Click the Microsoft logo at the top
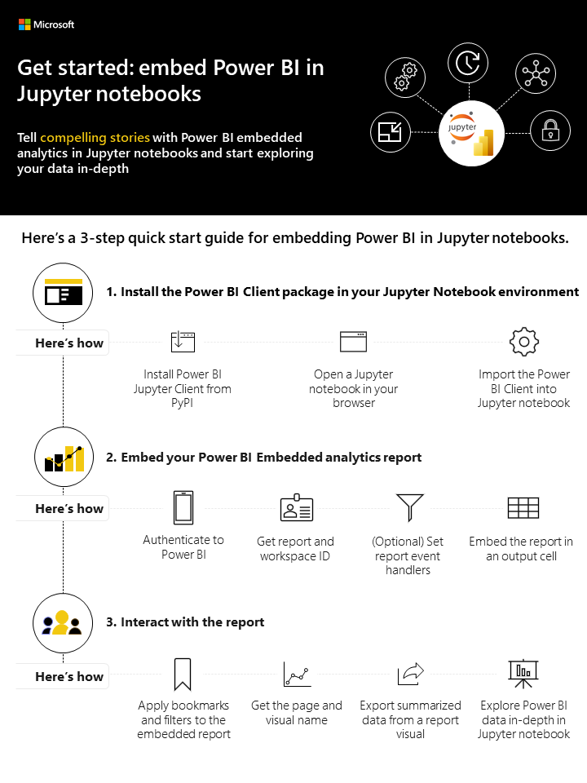coord(46,24)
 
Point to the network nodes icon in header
coord(535,76)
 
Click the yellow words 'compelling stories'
coord(95,137)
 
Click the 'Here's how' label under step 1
coord(69,343)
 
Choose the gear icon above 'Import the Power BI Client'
coord(523,342)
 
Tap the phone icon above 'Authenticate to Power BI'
coord(183,507)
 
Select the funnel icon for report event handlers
coord(408,507)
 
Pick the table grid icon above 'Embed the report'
coord(523,508)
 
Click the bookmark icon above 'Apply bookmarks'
coord(183,675)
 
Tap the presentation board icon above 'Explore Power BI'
coord(523,674)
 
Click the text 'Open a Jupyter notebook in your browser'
coord(353,389)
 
